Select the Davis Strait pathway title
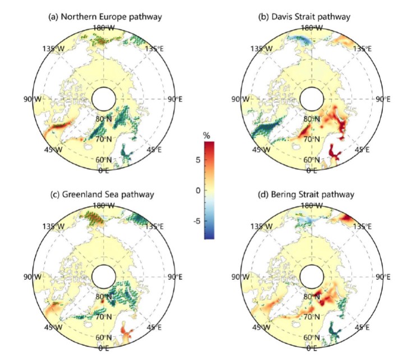click(x=304, y=17)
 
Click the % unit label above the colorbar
click(x=206, y=135)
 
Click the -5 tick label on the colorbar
click(x=195, y=221)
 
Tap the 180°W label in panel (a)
click(x=104, y=27)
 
